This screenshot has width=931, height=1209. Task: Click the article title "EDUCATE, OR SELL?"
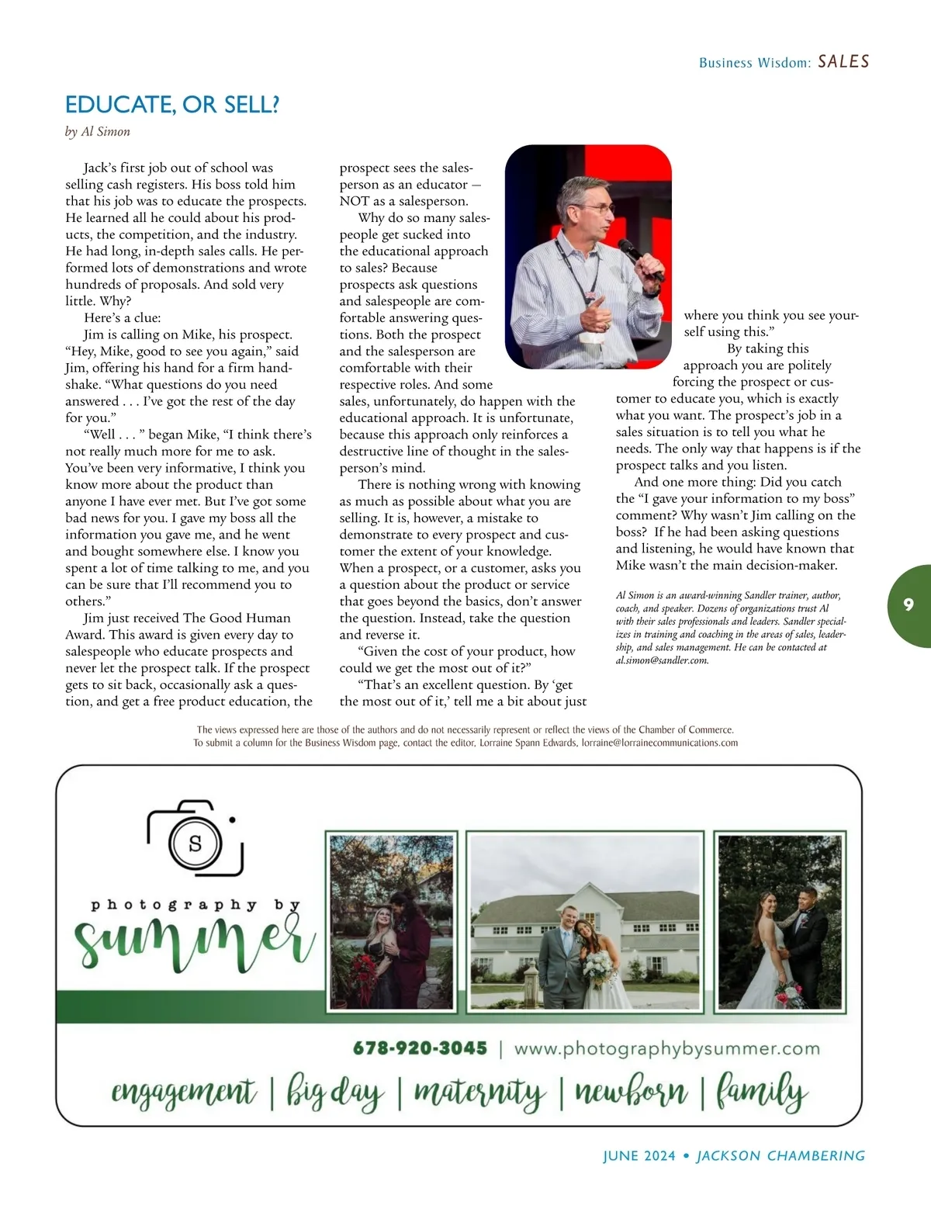click(x=171, y=105)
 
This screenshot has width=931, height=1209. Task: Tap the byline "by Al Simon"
click(x=98, y=132)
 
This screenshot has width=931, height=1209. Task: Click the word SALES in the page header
click(x=843, y=62)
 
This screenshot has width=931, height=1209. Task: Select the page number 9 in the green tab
click(x=909, y=605)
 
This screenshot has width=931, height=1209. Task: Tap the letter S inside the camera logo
click(x=195, y=844)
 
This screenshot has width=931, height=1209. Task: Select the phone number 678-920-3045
click(x=420, y=1049)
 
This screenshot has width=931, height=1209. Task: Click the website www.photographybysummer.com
click(x=666, y=1049)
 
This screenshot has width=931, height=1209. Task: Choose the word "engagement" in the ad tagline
click(x=183, y=1093)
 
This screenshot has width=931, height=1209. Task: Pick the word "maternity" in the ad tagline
click(x=479, y=1093)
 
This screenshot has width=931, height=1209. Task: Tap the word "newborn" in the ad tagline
click(x=630, y=1093)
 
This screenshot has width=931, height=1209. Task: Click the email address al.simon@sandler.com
click(x=661, y=660)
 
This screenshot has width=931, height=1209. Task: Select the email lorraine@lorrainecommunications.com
click(x=659, y=743)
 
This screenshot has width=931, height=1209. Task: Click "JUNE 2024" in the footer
click(x=639, y=1156)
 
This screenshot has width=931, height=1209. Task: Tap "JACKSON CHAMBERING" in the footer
click(x=780, y=1156)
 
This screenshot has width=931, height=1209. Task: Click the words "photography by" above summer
click(x=196, y=905)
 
